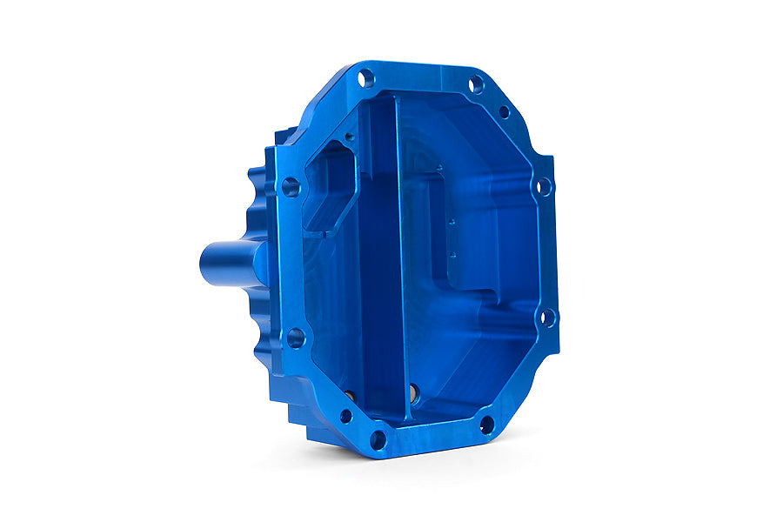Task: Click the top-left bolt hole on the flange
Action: click(366, 78)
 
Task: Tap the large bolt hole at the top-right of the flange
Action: click(476, 84)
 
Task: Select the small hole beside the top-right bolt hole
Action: click(504, 111)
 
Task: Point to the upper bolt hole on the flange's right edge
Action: click(544, 186)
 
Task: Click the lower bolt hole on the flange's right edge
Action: click(547, 318)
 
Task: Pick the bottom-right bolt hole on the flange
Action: click(486, 425)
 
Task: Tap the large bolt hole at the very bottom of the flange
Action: click(378, 439)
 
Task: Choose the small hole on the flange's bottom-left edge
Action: click(345, 416)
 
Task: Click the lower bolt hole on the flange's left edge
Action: click(295, 338)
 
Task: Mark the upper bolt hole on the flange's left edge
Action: click(291, 186)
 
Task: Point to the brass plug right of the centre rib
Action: click(413, 393)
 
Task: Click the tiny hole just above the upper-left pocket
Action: click(350, 136)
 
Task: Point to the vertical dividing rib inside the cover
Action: click(398, 261)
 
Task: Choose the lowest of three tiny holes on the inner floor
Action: click(452, 256)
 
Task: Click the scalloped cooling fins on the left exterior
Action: click(258, 200)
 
